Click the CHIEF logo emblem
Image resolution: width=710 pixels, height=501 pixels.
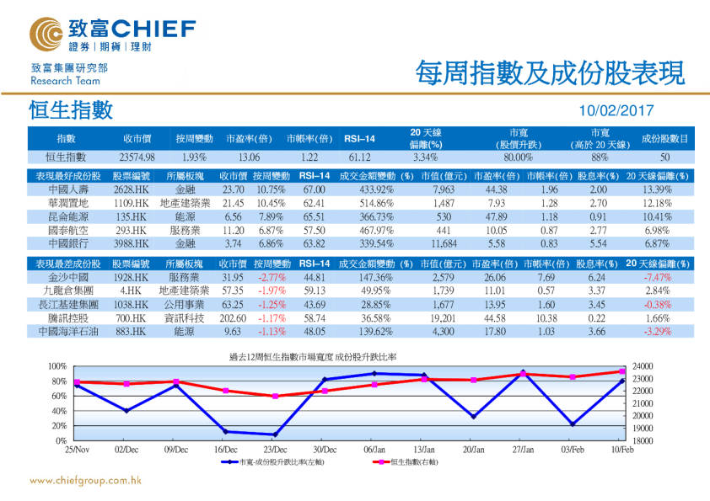tap(45, 34)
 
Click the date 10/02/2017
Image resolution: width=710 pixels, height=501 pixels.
tap(617, 111)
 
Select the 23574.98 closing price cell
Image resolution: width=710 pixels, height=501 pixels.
tap(137, 157)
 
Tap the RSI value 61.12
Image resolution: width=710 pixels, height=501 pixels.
tap(359, 157)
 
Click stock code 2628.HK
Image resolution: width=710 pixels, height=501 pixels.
tap(132, 189)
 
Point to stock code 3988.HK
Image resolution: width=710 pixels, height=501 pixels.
tap(132, 242)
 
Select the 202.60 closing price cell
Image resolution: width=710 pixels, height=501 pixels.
tap(233, 318)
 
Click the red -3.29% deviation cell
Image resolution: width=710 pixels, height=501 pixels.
tap(656, 332)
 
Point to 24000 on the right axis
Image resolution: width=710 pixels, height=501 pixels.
tap(643, 367)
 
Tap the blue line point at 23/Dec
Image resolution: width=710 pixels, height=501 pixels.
tap(274, 434)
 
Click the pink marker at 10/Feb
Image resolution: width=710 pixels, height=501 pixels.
tap(622, 371)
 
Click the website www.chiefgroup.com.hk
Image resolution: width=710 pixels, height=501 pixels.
tap(85, 482)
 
